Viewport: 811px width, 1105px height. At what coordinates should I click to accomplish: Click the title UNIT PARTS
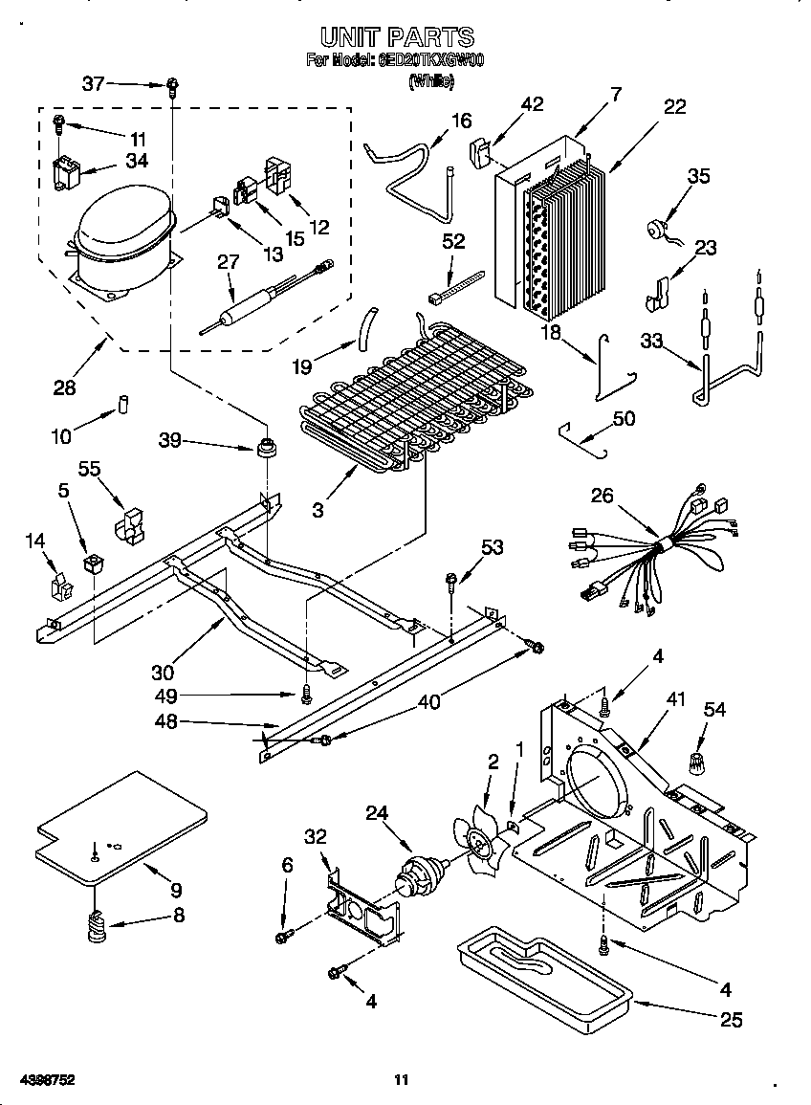(x=396, y=37)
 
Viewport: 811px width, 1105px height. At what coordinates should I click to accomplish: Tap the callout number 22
(x=674, y=107)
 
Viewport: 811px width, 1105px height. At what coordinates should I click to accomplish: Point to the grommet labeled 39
(x=265, y=447)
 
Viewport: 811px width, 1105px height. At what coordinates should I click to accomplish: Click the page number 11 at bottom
(x=402, y=1080)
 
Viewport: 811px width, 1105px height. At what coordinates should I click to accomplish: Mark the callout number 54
(x=713, y=709)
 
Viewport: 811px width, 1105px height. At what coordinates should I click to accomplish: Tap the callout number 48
(x=165, y=722)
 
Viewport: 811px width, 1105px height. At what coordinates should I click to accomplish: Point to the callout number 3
(x=317, y=510)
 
